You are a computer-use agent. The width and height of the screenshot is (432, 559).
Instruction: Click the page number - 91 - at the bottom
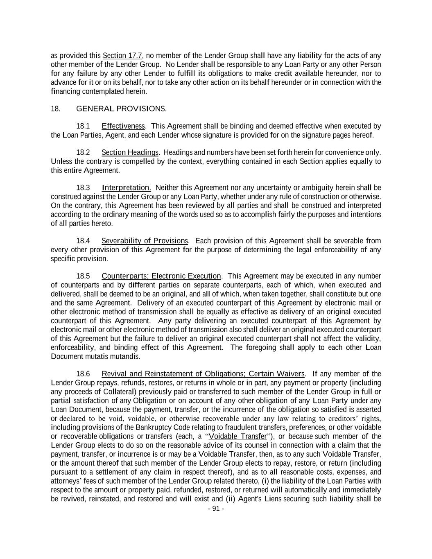point(216,509)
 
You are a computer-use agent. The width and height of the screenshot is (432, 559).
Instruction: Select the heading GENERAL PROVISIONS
point(121,109)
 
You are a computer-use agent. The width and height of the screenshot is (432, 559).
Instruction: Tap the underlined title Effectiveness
point(123,126)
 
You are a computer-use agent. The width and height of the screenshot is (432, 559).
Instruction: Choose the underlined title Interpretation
point(126,188)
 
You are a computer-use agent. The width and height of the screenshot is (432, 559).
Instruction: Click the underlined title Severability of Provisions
point(145,241)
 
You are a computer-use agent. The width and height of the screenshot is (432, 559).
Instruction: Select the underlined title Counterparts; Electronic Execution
point(161,276)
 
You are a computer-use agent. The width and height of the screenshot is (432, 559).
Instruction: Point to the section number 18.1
point(83,126)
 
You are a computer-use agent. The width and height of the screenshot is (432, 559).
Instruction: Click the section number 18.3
point(83,188)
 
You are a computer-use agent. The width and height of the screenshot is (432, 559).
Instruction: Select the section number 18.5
point(83,276)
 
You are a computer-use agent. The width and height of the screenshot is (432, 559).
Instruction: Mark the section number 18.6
point(83,374)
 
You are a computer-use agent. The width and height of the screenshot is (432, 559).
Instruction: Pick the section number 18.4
point(83,241)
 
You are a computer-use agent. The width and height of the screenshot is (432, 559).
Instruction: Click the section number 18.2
point(83,153)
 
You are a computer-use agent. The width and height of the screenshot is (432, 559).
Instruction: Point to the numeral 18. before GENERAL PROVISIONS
point(56,109)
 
